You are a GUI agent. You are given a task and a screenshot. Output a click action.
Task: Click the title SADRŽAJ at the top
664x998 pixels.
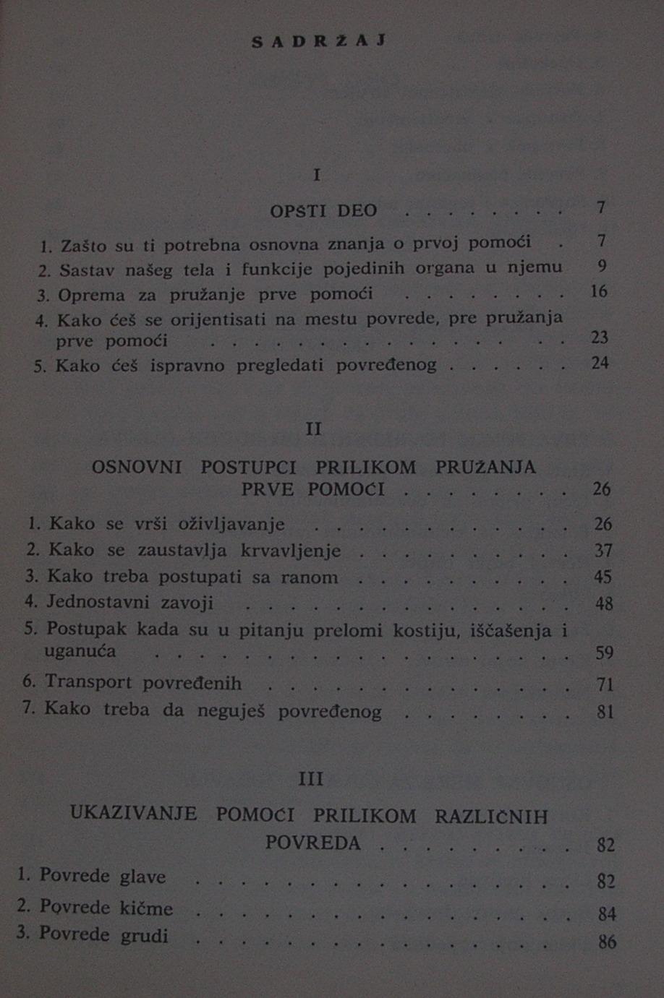tap(318, 41)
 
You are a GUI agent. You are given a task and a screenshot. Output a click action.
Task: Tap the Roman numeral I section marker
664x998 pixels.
tap(317, 175)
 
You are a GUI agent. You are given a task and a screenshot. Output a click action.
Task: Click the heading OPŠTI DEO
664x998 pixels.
tap(323, 211)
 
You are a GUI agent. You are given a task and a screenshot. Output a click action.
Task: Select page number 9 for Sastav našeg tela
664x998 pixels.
tap(602, 266)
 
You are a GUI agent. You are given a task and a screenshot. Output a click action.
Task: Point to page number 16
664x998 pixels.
tap(599, 291)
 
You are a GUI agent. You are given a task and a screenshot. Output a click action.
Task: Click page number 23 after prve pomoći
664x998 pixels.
tap(599, 337)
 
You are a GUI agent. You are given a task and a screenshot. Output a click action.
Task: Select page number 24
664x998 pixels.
tap(600, 363)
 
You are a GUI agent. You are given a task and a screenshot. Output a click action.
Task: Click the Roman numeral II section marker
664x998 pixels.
tap(313, 429)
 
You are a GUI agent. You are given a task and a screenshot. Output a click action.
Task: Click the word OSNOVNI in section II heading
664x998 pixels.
tap(137, 468)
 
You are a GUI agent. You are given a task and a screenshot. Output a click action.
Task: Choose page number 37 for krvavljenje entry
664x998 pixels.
tap(603, 551)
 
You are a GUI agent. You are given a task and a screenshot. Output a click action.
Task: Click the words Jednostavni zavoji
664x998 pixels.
tap(130, 603)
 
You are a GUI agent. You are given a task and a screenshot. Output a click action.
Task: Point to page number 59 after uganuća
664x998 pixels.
tap(604, 653)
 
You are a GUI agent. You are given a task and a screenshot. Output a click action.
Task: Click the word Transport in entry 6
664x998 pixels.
tap(88, 682)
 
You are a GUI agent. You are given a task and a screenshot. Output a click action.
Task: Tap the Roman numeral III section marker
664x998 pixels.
tap(311, 780)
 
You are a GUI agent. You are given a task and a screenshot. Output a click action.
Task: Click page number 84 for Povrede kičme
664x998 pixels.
tap(607, 915)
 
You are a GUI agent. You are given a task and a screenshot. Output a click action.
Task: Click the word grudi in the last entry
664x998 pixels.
tap(145, 936)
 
